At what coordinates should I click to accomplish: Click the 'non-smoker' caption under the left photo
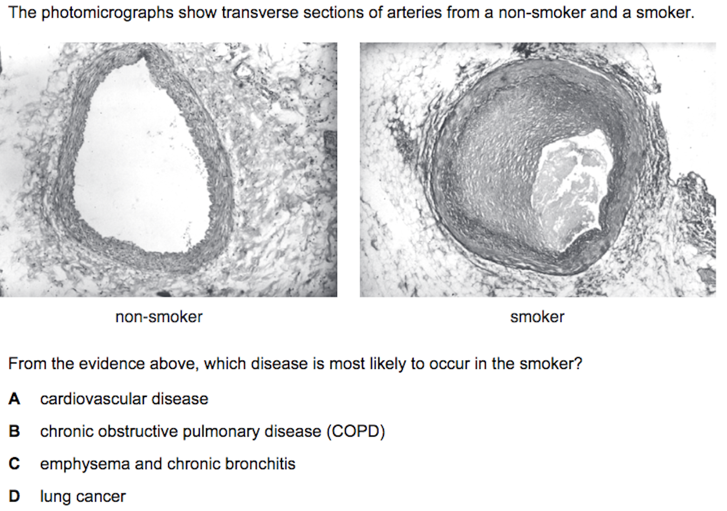159,317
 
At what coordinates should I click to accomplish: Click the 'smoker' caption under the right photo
537,317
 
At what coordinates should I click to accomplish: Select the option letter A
14,399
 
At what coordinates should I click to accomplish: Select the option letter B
14,432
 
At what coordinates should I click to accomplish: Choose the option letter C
14,464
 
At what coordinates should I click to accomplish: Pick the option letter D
14,497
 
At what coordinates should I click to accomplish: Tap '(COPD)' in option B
356,432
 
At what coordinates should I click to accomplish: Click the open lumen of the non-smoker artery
140,161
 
